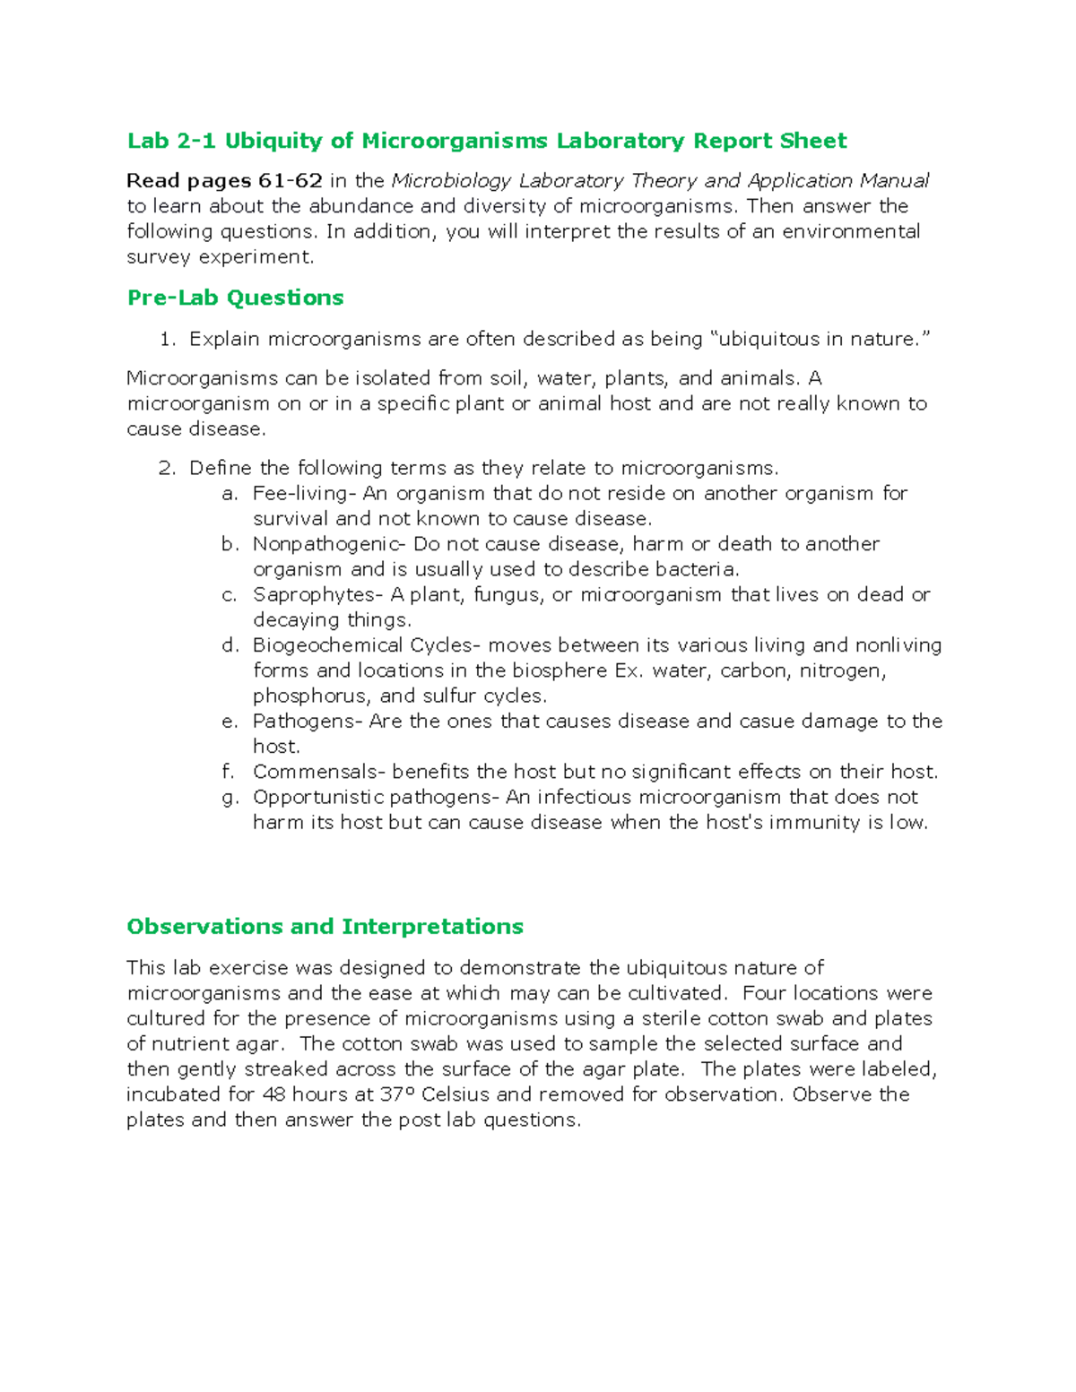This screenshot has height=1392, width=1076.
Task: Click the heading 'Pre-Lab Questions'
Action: [235, 298]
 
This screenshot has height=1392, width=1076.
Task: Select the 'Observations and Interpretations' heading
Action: [325, 926]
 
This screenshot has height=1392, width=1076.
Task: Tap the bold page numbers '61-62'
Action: [290, 180]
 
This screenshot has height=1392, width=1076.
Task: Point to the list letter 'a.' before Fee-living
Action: [230, 493]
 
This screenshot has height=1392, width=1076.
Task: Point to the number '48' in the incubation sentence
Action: [273, 1094]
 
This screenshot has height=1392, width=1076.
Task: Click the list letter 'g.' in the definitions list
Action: [230, 797]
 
